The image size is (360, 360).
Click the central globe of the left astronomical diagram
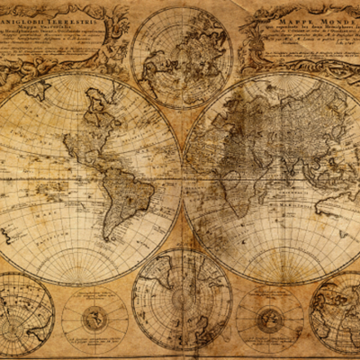94,319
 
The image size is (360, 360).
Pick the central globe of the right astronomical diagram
269,319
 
